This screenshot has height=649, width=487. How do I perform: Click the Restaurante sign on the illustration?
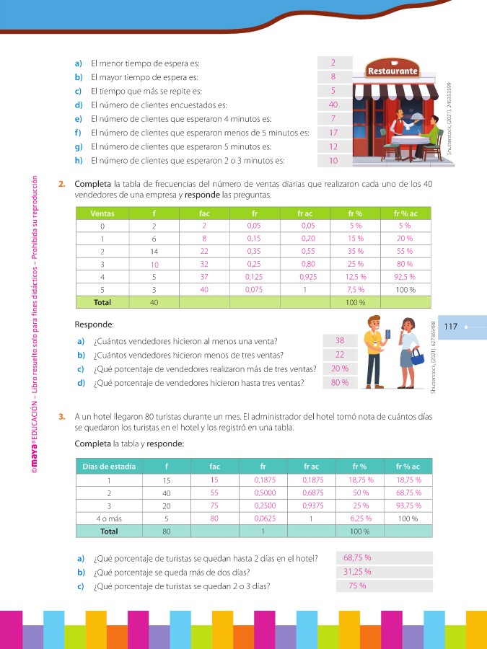(x=393, y=71)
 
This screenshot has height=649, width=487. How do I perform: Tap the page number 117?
(x=452, y=327)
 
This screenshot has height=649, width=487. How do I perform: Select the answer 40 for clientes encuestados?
(x=333, y=105)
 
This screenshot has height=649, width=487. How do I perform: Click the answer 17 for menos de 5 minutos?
(x=333, y=133)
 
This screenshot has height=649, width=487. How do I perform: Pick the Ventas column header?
(x=102, y=213)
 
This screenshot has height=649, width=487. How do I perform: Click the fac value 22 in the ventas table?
(x=204, y=251)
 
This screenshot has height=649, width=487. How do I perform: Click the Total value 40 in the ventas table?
(x=154, y=302)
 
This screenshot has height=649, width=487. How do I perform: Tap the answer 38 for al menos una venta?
(x=340, y=340)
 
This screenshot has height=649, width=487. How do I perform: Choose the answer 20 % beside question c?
(x=340, y=368)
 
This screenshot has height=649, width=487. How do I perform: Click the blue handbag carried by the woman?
(x=417, y=356)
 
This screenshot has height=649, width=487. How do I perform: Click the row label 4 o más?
(x=109, y=518)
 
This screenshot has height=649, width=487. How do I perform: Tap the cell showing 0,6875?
(x=313, y=493)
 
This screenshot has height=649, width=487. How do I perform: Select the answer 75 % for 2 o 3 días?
(x=356, y=586)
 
